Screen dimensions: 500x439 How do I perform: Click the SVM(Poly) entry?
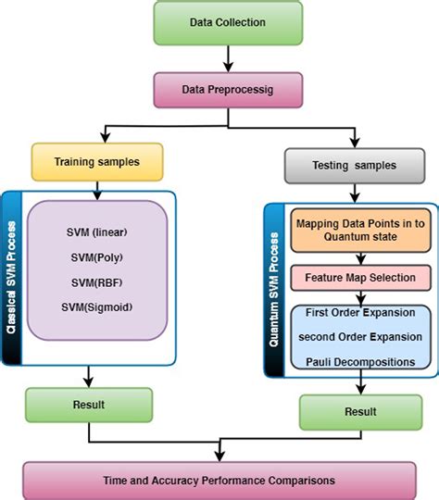pyautogui.click(x=96, y=256)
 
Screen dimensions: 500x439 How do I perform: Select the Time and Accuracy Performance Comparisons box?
pyautogui.click(x=219, y=480)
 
